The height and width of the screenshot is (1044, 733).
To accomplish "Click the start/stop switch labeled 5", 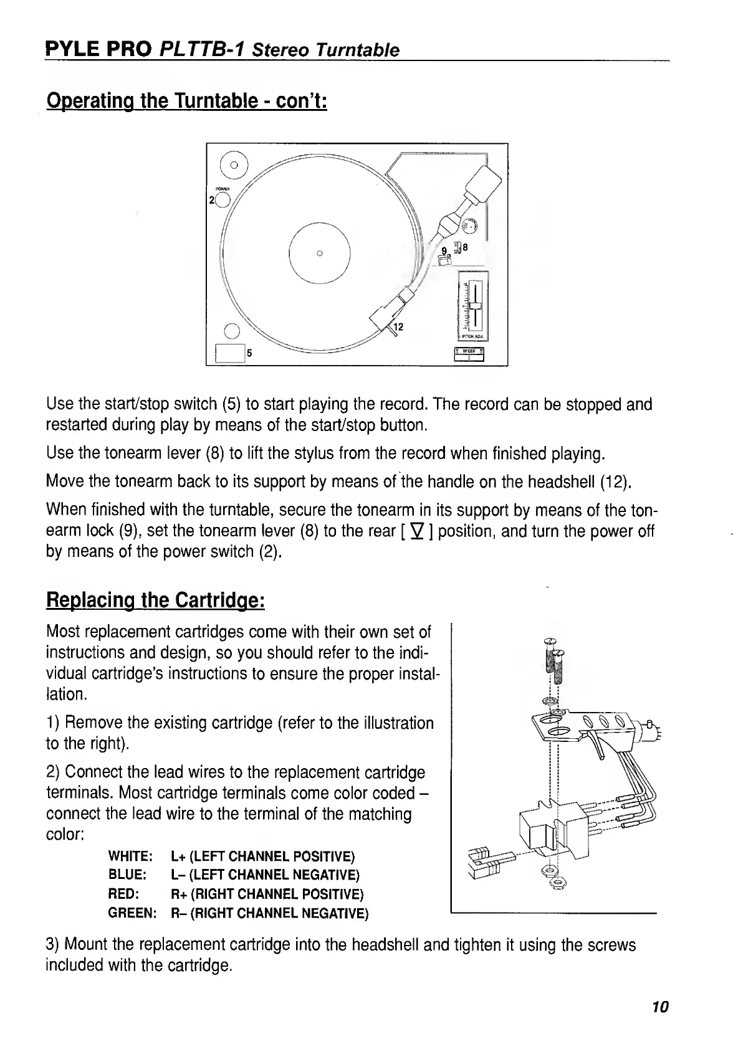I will pyautogui.click(x=228, y=353).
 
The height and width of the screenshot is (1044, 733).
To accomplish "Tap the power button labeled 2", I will pyautogui.click(x=223, y=199).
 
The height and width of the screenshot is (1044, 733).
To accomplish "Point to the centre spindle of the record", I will pyautogui.click(x=319, y=253).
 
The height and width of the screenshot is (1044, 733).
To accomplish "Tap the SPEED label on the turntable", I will pyautogui.click(x=472, y=351).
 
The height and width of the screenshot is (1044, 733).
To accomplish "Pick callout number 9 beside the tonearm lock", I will pyautogui.click(x=444, y=250).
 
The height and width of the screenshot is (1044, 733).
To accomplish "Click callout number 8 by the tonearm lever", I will pyautogui.click(x=464, y=247).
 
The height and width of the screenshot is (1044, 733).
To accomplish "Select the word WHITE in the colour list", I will pyautogui.click(x=127, y=857).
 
